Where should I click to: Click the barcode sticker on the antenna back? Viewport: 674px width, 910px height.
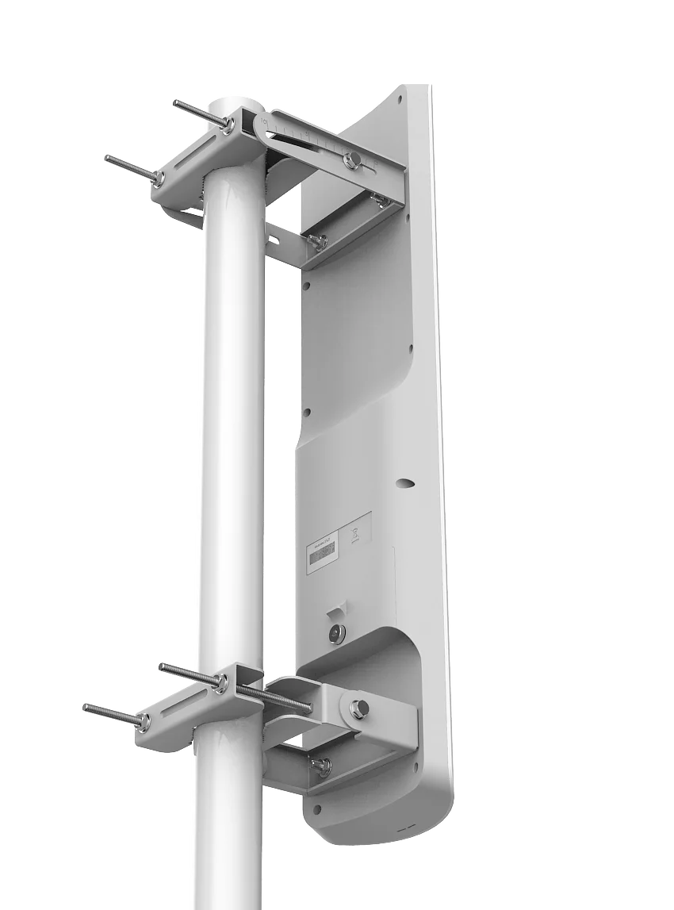[322, 554]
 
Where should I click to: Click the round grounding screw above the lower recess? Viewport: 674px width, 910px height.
[337, 634]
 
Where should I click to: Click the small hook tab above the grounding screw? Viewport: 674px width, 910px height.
[337, 612]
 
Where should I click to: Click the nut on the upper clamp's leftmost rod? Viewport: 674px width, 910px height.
[159, 178]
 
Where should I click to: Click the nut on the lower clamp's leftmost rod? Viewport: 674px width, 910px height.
[143, 721]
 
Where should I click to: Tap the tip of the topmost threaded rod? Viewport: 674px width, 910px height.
[175, 103]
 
